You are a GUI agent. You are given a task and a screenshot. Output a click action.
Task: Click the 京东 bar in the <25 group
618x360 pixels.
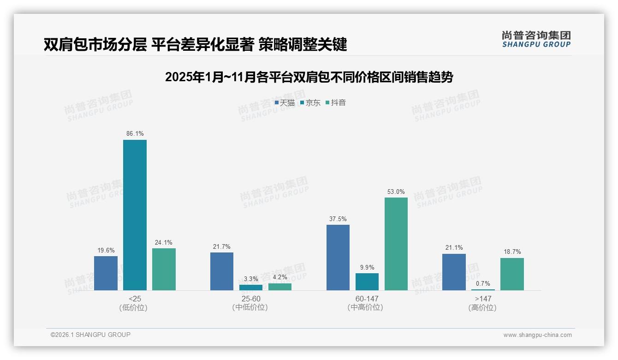[135, 215]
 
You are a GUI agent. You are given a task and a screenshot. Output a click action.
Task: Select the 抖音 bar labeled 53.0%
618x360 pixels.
[396, 244]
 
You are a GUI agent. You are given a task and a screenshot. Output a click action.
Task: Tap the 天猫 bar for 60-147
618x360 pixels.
[338, 258]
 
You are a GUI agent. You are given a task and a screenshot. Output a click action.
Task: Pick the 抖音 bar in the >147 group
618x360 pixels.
[512, 274]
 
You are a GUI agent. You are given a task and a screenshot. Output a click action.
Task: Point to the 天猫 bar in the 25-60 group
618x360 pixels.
[222, 271]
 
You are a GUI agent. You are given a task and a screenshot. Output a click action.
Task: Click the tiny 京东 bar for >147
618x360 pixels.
[483, 289]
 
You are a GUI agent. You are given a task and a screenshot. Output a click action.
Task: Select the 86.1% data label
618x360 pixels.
[135, 134]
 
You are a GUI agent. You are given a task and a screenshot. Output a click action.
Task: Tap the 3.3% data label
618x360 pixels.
[251, 279]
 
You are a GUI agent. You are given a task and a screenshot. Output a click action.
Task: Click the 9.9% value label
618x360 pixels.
[367, 267]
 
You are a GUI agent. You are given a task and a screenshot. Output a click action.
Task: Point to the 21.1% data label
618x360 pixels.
[454, 248]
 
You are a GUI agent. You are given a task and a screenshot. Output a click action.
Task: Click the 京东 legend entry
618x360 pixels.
[310, 103]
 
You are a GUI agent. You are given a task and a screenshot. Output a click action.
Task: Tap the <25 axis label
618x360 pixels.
[135, 299]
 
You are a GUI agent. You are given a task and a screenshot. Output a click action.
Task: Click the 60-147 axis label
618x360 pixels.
[367, 299]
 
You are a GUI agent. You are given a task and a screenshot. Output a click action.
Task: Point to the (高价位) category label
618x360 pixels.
[483, 307]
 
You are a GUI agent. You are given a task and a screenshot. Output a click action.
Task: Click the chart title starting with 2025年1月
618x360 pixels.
[309, 77]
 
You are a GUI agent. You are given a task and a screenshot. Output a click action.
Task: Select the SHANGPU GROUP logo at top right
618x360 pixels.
[536, 39]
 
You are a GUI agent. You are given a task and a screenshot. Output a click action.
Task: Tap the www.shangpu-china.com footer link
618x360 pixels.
[537, 335]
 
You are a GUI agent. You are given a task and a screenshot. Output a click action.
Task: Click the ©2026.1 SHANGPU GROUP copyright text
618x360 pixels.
[90, 335]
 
